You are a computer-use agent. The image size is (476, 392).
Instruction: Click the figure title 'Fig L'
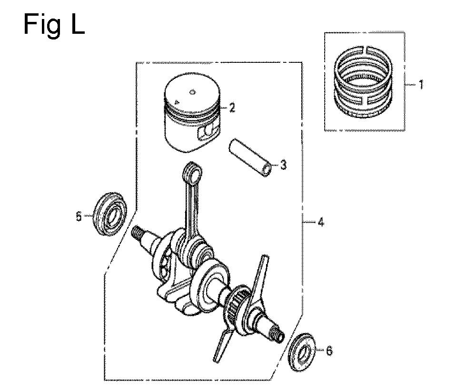click(x=54, y=25)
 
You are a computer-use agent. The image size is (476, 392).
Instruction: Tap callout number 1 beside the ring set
click(x=421, y=84)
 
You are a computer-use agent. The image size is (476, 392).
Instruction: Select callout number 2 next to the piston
click(x=232, y=108)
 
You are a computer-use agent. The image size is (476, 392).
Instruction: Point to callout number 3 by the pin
click(x=283, y=166)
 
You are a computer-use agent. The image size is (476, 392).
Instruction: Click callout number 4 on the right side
click(x=320, y=222)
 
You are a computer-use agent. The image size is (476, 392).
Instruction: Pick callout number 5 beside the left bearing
click(x=79, y=216)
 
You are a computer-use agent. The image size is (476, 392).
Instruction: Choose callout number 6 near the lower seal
click(x=329, y=351)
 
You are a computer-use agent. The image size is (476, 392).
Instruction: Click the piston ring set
click(x=364, y=82)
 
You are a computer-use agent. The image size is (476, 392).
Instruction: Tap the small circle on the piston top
click(x=192, y=92)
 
